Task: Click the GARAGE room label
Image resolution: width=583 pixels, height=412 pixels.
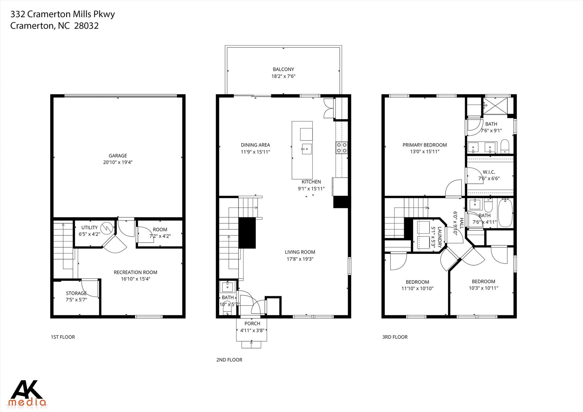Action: (x=118, y=156)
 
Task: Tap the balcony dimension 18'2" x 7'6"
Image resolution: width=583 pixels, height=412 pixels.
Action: (x=283, y=76)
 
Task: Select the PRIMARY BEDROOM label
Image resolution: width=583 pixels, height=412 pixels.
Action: (x=424, y=145)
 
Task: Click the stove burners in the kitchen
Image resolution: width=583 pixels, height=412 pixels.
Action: (x=342, y=147)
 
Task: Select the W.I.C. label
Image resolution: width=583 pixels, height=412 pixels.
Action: (x=489, y=172)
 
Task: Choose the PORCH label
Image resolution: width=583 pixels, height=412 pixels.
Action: (x=252, y=323)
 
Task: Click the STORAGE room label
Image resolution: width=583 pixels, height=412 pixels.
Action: (x=76, y=293)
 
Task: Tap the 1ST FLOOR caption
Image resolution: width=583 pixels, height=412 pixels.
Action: (x=63, y=337)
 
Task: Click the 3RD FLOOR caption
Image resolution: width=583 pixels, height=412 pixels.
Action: (x=395, y=337)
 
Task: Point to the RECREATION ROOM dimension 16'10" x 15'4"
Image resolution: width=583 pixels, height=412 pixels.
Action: (x=136, y=279)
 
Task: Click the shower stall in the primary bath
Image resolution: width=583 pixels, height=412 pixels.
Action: (x=496, y=106)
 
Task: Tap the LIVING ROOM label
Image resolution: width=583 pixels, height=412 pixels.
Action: (x=300, y=252)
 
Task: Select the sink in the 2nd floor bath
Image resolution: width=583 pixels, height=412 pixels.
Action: (x=228, y=287)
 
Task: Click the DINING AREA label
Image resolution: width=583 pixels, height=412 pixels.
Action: (x=255, y=145)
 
